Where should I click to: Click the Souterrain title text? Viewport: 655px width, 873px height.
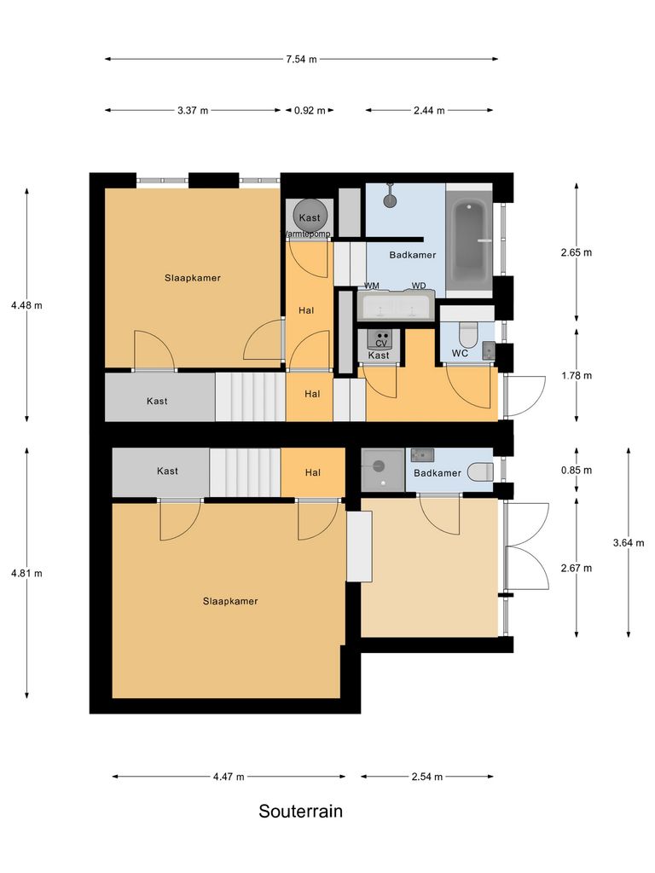point(300,811)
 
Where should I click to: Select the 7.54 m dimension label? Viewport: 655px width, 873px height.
point(301,60)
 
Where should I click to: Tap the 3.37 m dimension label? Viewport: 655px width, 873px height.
point(193,111)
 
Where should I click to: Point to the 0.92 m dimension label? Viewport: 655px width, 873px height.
point(309,111)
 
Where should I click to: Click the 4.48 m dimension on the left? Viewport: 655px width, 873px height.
point(26,304)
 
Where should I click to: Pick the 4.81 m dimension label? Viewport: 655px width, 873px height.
point(26,573)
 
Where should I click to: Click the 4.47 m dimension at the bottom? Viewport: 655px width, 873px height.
point(229,777)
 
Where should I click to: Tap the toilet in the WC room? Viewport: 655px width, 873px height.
point(468,331)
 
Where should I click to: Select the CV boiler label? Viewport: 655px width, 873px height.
point(381,343)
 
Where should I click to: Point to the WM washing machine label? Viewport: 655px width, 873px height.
point(372,286)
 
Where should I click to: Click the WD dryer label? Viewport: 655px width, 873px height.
point(419,286)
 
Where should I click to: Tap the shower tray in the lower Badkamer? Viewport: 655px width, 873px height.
point(381,469)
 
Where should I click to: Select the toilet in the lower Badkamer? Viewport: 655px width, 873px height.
point(480,470)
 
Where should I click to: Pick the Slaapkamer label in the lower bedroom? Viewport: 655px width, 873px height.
point(230,601)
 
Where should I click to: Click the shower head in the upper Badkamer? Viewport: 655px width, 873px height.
point(390,200)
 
